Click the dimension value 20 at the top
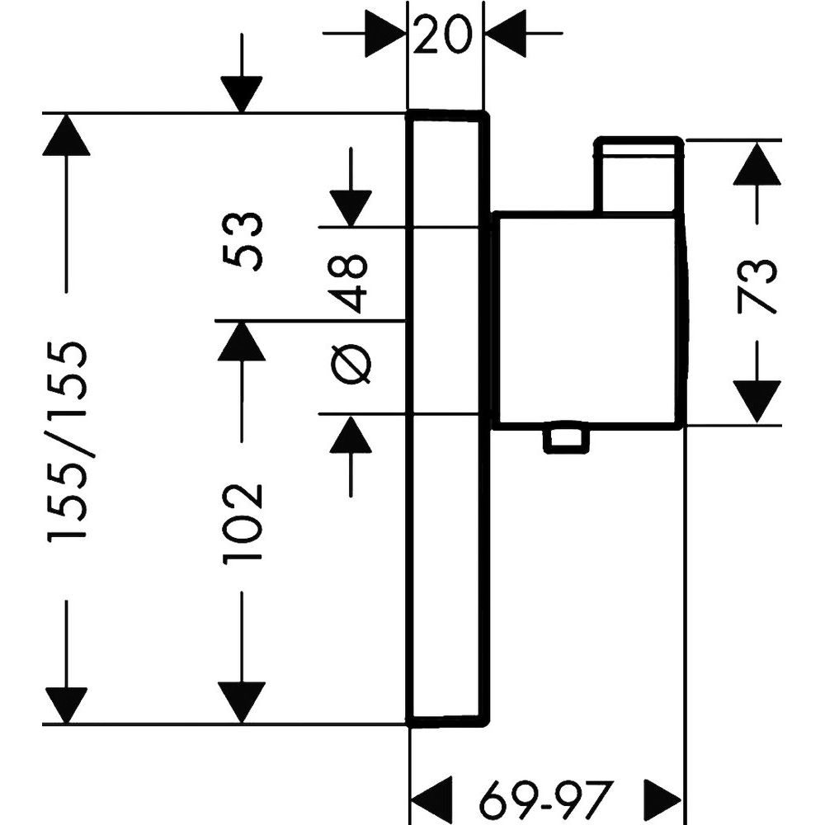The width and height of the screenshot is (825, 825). click(x=445, y=35)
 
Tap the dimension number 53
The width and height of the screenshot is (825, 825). click(x=244, y=240)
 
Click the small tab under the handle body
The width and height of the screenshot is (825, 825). click(x=567, y=440)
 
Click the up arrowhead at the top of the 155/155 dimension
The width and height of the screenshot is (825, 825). click(x=67, y=134)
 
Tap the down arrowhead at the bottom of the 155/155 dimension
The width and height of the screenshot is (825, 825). click(x=67, y=703)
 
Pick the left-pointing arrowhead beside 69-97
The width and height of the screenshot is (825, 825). click(x=431, y=799)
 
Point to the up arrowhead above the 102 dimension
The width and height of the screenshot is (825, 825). click(x=242, y=341)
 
